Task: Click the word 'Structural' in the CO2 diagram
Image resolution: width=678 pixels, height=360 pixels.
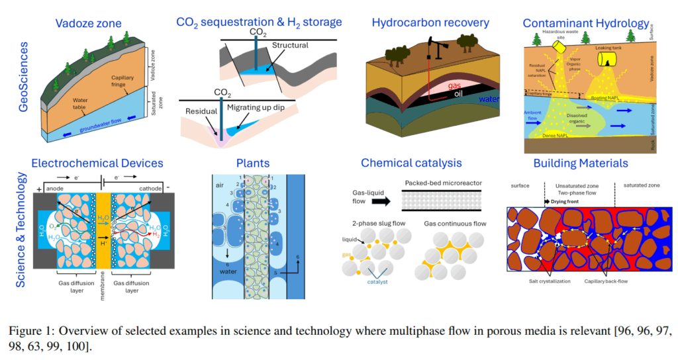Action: pyautogui.click(x=290, y=46)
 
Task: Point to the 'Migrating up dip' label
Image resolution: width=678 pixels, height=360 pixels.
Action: pyautogui.click(x=269, y=108)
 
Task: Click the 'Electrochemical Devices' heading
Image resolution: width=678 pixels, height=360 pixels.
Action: pyautogui.click(x=97, y=163)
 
